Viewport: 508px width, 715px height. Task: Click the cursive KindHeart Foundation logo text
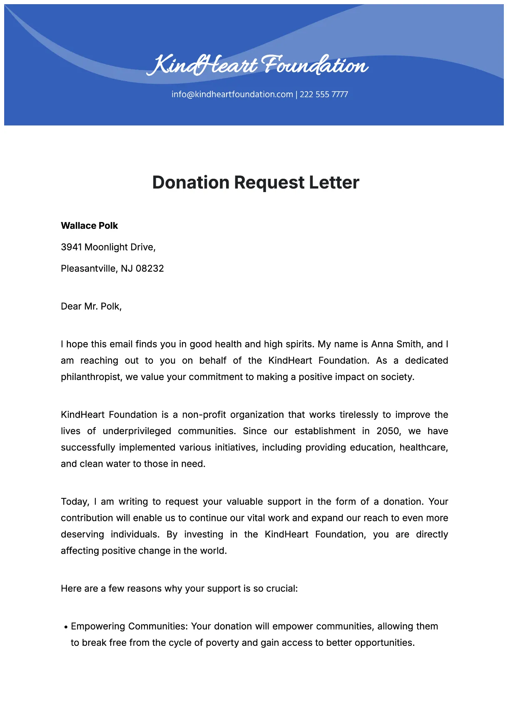(x=257, y=65)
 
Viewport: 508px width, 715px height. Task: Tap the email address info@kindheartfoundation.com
(x=232, y=94)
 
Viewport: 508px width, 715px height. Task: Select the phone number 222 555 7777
(x=324, y=94)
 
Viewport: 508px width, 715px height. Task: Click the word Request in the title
(x=269, y=182)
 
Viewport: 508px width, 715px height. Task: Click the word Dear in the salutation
(x=71, y=306)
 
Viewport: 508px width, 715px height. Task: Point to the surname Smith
(x=408, y=344)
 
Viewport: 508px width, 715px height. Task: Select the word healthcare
(x=423, y=447)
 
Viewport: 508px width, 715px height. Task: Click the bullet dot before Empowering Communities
(x=66, y=627)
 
